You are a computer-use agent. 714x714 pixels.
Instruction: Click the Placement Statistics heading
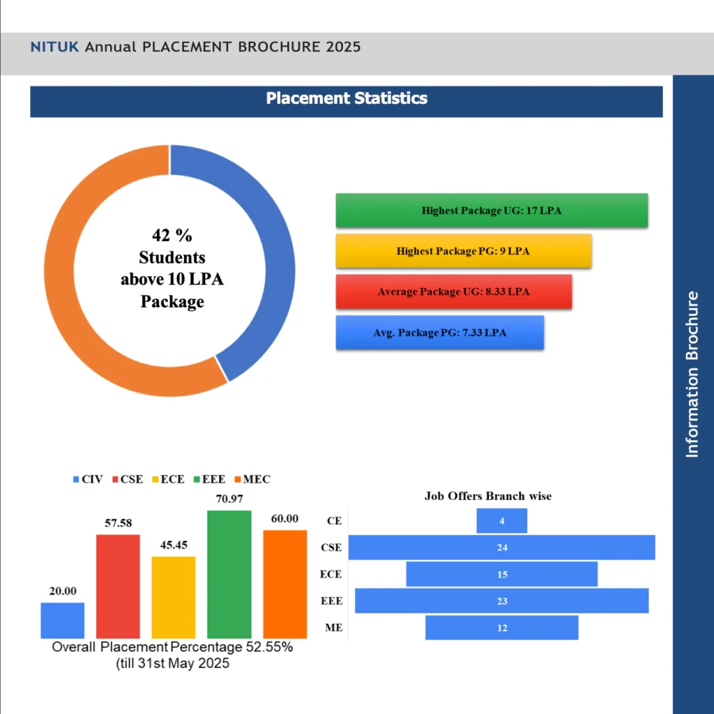[347, 98]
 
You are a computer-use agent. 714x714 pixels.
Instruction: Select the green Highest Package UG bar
[492, 211]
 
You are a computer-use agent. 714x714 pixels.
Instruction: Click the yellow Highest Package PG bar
[464, 251]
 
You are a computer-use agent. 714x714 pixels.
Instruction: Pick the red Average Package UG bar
[453, 291]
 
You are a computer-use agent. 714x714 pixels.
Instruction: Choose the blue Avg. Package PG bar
[439, 333]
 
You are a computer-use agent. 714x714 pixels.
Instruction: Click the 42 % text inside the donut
[172, 234]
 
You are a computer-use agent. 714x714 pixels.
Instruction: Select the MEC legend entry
[252, 479]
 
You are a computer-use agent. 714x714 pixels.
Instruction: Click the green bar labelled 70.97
[229, 574]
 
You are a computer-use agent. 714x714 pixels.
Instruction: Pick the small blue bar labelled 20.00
[63, 620]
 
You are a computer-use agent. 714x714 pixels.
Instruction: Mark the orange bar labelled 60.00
[284, 584]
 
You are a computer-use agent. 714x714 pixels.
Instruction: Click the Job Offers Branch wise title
[488, 496]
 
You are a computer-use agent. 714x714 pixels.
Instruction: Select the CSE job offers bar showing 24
[502, 547]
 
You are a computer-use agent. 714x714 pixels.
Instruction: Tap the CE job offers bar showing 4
[502, 521]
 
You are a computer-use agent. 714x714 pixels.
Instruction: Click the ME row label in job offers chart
[333, 628]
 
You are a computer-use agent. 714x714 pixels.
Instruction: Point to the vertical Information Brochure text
[692, 374]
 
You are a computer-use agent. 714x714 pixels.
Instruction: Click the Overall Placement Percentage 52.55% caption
[172, 647]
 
